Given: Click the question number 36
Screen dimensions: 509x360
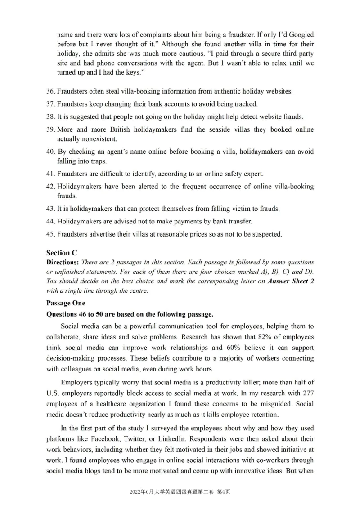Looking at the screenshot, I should click(50, 91).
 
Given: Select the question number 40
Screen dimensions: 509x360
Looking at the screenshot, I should click(50, 152).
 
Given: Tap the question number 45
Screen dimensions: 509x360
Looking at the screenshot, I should click(50, 234).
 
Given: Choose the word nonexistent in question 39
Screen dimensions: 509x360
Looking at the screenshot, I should click(98, 139).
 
